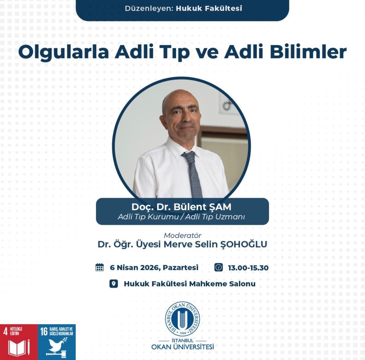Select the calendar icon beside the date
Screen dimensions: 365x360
click(100, 267)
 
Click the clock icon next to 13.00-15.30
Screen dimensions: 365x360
click(219, 267)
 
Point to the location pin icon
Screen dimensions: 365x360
click(114, 284)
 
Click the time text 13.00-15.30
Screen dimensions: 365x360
click(248, 268)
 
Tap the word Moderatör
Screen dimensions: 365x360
click(182, 235)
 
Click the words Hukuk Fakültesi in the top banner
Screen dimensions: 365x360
click(209, 8)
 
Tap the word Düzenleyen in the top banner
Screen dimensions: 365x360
click(149, 8)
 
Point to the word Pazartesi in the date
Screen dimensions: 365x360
click(180, 268)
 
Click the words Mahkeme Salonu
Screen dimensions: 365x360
click(222, 284)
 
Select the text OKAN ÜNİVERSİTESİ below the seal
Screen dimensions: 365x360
click(182, 347)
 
